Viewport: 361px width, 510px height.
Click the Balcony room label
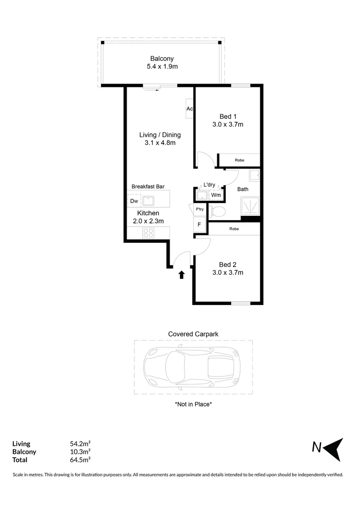(162, 59)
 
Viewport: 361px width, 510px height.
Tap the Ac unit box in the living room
(189, 109)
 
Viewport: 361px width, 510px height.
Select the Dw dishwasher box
(134, 201)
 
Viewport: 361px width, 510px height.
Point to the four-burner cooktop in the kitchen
(148, 233)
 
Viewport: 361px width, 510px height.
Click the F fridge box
(199, 225)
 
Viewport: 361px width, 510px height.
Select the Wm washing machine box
(215, 195)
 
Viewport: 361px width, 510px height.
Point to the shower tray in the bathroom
(251, 206)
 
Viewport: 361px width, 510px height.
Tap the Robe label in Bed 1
(240, 161)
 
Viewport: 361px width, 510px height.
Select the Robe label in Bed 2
(234, 229)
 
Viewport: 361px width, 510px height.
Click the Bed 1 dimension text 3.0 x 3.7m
(228, 125)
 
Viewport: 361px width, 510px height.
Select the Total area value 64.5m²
(80, 460)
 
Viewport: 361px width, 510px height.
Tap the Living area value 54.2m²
(80, 444)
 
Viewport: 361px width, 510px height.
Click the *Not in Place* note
(193, 404)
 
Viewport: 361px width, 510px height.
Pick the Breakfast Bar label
(148, 187)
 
